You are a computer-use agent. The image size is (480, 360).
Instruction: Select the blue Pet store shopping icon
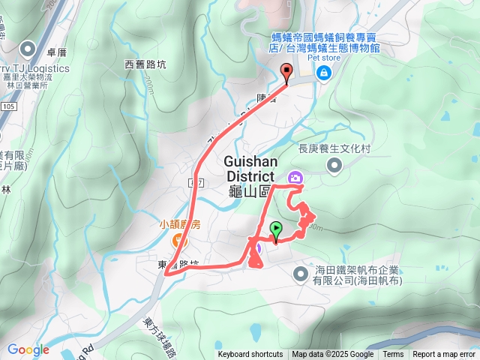pos(323,73)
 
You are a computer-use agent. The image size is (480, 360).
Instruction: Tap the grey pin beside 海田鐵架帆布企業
pos(301,274)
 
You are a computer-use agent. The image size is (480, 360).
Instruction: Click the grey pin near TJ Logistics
pos(29,50)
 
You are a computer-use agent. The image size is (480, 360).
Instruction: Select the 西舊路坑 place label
pos(145,64)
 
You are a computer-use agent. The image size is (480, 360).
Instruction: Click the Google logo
pos(28,349)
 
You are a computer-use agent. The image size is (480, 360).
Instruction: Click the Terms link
pos(393,355)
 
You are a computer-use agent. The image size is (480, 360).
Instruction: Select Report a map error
pos(444,355)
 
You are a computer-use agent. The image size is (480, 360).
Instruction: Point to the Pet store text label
pos(324,56)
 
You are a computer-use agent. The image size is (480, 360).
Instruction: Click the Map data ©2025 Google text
pos(333,355)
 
